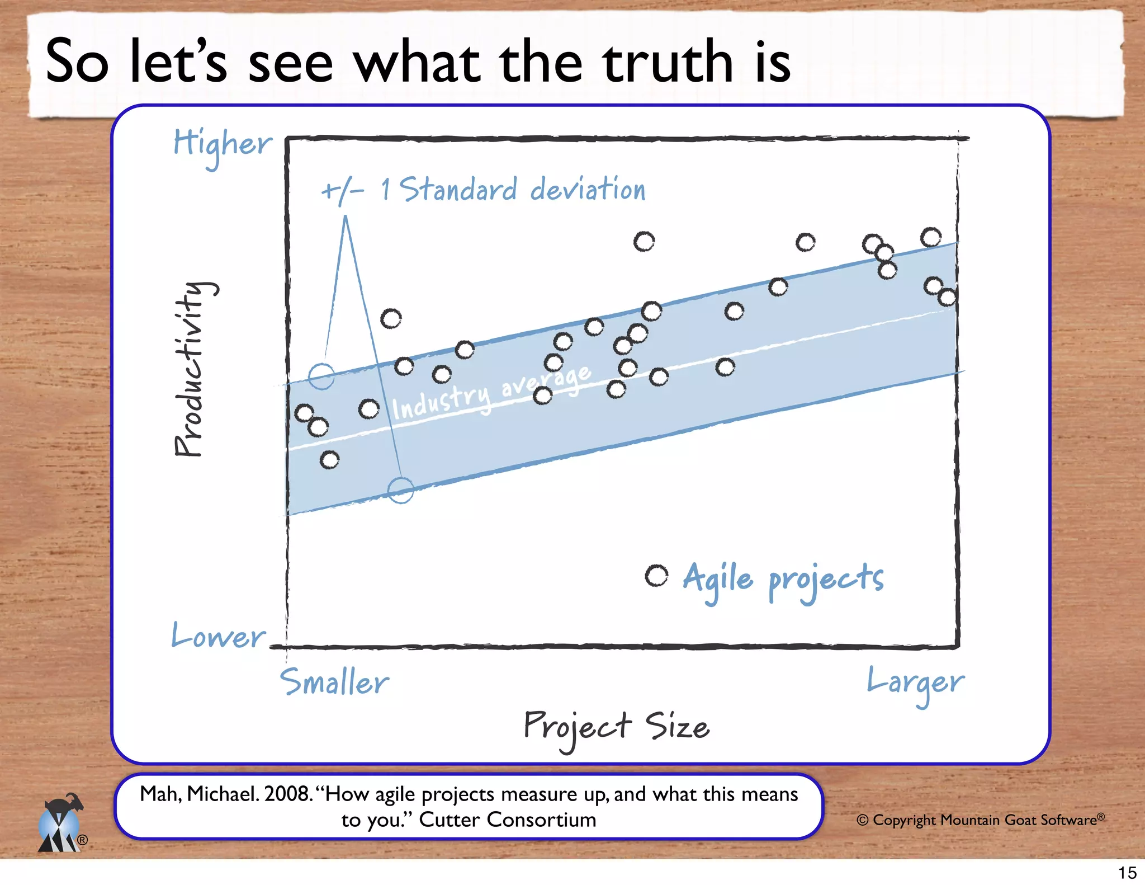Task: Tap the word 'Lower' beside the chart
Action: point(219,636)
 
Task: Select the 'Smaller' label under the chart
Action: point(334,682)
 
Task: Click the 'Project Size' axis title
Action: point(616,727)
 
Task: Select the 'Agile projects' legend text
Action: point(783,580)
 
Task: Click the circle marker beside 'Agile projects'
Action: point(656,576)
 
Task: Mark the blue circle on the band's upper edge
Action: point(321,376)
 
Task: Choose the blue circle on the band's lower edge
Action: point(400,491)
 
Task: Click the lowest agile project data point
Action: point(329,460)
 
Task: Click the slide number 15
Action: point(1127,873)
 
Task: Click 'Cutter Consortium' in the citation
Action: point(508,820)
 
